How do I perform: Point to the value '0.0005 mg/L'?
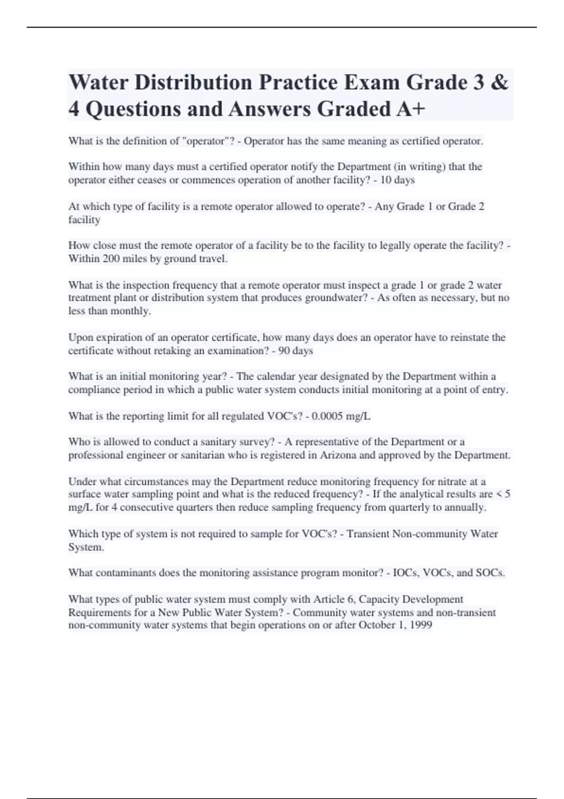point(337,416)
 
